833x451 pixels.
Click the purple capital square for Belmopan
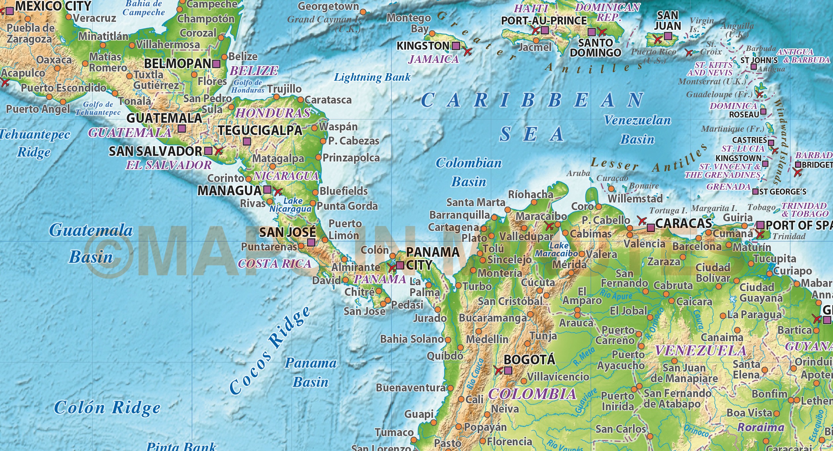tap(216, 64)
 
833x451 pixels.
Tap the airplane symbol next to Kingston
tap(467, 52)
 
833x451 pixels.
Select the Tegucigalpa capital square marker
tap(247, 142)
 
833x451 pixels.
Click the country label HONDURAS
tap(273, 113)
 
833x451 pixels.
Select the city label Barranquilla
tap(459, 215)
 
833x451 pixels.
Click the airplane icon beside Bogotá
tap(498, 370)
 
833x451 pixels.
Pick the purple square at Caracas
tap(651, 228)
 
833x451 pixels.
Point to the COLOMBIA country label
tap(532, 394)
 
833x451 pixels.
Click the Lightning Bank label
tap(372, 77)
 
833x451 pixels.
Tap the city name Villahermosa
tap(168, 44)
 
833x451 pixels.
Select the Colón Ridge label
tap(107, 408)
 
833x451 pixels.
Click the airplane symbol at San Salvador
tap(218, 151)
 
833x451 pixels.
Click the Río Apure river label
tap(615, 294)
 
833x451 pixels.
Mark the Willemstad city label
tap(635, 199)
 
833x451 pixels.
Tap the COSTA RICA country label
tap(275, 264)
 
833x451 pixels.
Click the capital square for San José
tap(311, 243)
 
